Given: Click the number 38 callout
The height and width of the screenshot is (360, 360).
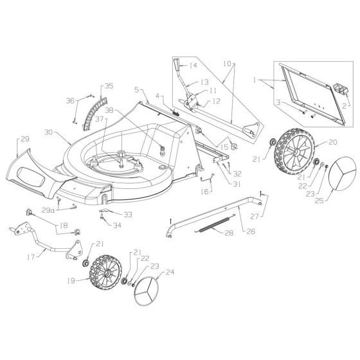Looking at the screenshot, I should click(127, 110).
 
